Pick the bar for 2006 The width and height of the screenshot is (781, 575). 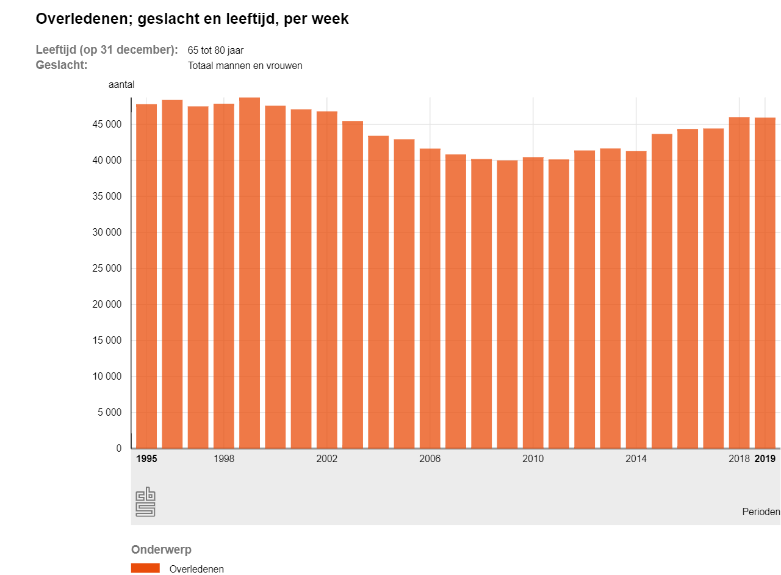click(430, 298)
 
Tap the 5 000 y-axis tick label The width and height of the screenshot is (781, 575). click(109, 413)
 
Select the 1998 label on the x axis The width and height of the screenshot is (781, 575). click(224, 459)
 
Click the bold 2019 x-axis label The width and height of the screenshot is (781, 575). click(765, 459)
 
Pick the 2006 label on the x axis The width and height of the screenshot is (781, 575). click(430, 459)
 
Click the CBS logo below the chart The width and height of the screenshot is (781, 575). click(145, 502)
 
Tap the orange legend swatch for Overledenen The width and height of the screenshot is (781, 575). click(145, 568)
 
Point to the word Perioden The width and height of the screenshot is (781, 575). click(761, 512)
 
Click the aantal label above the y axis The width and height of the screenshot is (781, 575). click(121, 85)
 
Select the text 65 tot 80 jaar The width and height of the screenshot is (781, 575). click(215, 51)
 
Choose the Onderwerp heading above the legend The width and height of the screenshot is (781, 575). click(161, 549)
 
